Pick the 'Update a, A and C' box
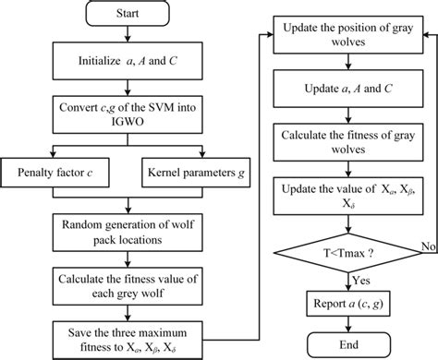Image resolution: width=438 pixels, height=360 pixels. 344,91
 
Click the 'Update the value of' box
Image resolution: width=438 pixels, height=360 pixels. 344,198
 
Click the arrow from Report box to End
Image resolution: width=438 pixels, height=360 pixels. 344,325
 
